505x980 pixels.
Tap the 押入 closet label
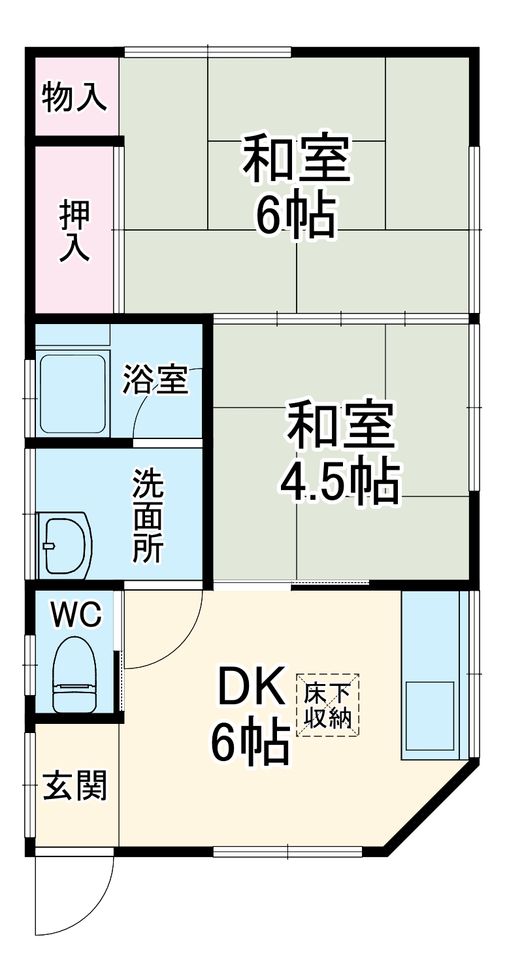coord(74,231)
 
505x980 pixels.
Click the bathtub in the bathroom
coord(73,394)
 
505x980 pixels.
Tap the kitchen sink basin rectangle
coord(430,715)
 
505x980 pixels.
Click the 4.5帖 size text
coord(340,482)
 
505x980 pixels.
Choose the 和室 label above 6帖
coord(297,159)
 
